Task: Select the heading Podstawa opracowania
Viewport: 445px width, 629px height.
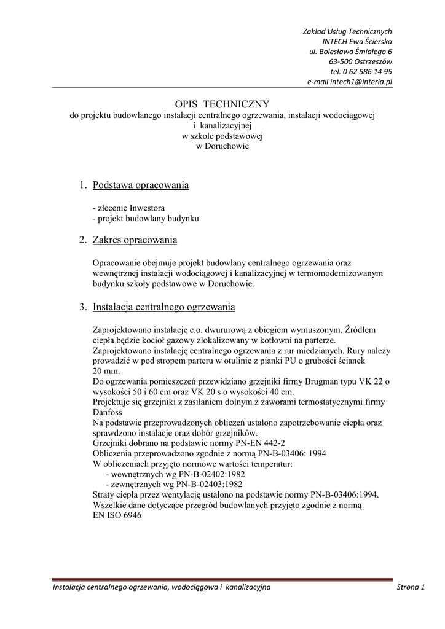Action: coord(141,186)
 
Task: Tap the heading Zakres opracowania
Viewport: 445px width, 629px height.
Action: coord(135,240)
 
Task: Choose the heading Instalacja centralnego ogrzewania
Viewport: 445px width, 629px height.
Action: coord(163,307)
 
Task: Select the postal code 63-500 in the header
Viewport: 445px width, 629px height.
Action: coord(341,61)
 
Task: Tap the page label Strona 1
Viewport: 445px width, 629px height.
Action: coord(411,588)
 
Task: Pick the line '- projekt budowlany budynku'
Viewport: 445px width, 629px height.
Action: coord(146,218)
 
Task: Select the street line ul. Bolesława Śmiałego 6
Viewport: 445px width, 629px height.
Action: coord(350,52)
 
